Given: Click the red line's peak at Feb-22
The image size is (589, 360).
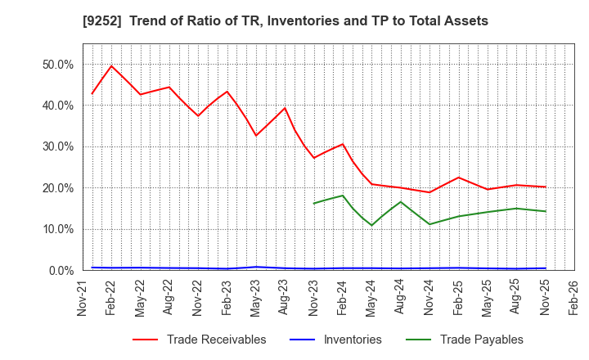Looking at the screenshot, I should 111,66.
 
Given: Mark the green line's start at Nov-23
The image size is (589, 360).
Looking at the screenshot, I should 314,204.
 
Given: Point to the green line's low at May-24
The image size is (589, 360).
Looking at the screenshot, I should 372,225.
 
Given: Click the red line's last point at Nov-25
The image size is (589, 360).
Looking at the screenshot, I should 546,187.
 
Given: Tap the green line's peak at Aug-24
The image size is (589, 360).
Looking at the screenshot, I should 401,202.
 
